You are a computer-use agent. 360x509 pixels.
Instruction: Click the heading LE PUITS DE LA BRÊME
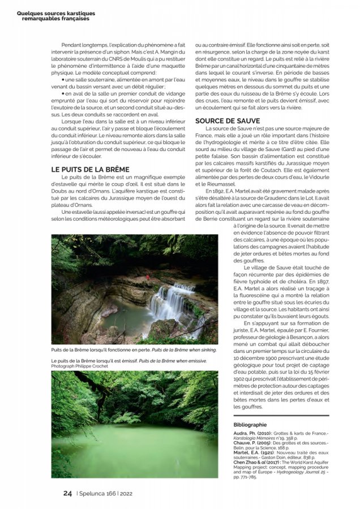point(90,169)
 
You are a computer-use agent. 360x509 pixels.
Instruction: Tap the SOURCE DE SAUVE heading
point(228,121)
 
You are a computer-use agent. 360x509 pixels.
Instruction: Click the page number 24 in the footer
point(67,493)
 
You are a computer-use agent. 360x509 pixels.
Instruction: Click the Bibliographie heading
point(250,424)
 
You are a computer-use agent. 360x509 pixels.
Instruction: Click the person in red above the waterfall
point(149,277)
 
